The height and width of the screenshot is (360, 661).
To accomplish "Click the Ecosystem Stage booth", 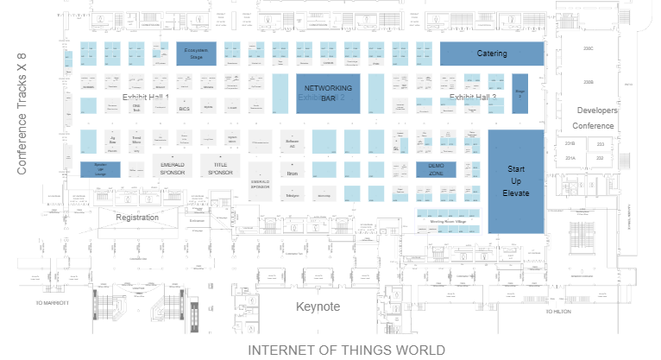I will [196, 54].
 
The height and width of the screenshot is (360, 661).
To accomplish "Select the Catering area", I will [492, 54].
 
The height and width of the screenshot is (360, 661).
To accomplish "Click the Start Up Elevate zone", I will [516, 180].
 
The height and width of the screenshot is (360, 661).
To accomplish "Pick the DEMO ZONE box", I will [436, 169].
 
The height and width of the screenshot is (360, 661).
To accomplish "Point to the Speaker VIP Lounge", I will [100, 169].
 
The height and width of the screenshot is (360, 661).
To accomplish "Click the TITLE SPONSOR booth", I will [220, 167].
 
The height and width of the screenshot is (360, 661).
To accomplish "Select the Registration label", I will [137, 218].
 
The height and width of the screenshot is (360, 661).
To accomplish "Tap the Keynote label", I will [318, 306].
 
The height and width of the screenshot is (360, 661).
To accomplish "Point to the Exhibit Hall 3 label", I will [473, 98].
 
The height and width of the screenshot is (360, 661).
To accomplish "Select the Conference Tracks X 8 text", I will [22, 114].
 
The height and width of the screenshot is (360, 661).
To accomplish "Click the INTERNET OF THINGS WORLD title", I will [347, 350].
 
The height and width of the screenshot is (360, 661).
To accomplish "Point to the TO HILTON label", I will [559, 310].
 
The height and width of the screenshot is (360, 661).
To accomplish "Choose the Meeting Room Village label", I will [448, 222].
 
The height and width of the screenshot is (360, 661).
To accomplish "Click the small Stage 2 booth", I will [519, 93].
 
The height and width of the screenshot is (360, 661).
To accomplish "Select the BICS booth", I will [184, 109].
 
